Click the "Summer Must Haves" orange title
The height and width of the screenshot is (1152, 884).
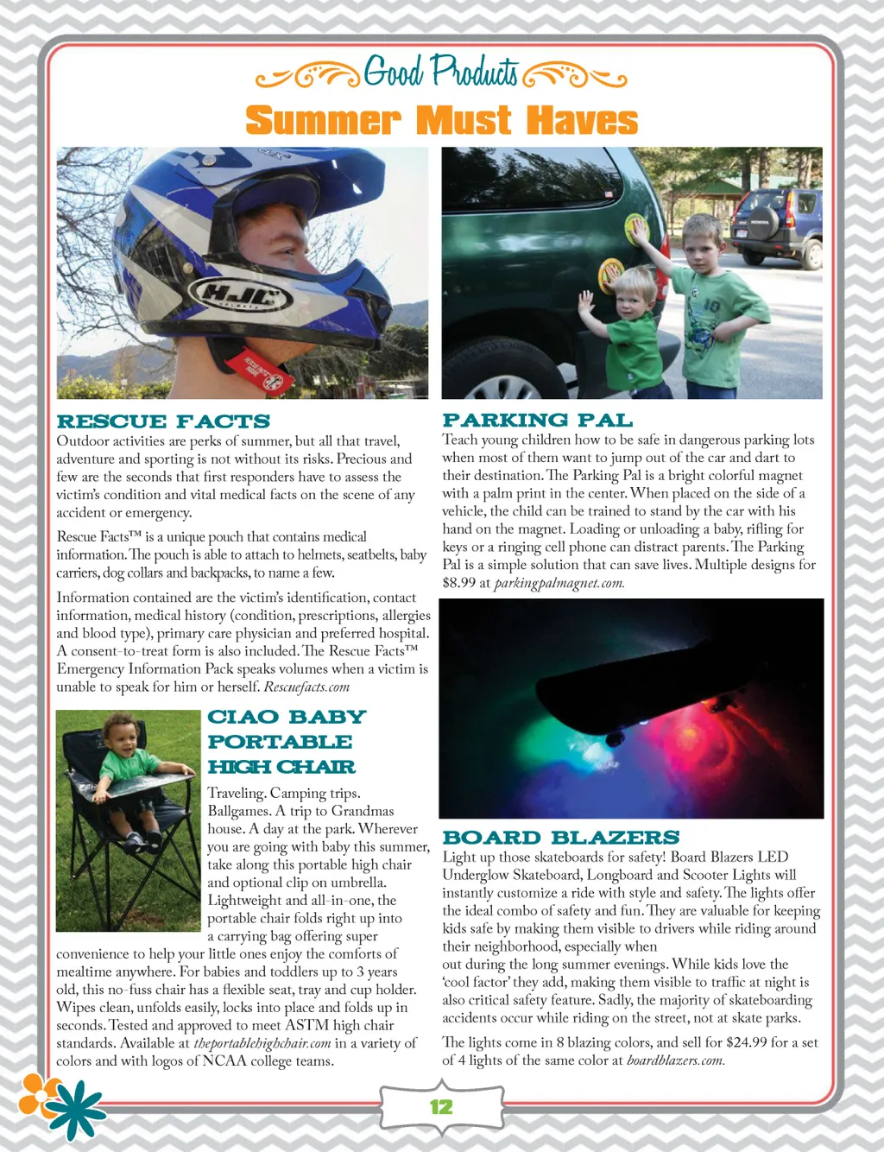tap(441, 120)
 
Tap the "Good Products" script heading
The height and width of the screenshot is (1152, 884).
tap(441, 73)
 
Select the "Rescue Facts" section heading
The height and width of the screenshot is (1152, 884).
tap(163, 421)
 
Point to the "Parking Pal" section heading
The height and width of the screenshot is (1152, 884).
tap(537, 421)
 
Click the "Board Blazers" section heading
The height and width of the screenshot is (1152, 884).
tap(560, 838)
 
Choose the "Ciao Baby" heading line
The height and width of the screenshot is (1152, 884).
tap(287, 717)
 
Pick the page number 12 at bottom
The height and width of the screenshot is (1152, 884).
tap(441, 1107)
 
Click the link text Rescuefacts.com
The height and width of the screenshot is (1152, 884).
tap(306, 687)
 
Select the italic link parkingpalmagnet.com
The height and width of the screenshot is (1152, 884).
tap(559, 583)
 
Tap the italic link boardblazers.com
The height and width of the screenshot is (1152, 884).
tap(675, 1060)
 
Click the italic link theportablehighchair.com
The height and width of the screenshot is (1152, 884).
tap(262, 1043)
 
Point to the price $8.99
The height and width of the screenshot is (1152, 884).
tap(460, 583)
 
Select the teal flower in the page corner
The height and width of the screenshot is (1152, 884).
tap(73, 1110)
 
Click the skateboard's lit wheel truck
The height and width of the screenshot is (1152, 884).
tap(616, 736)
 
